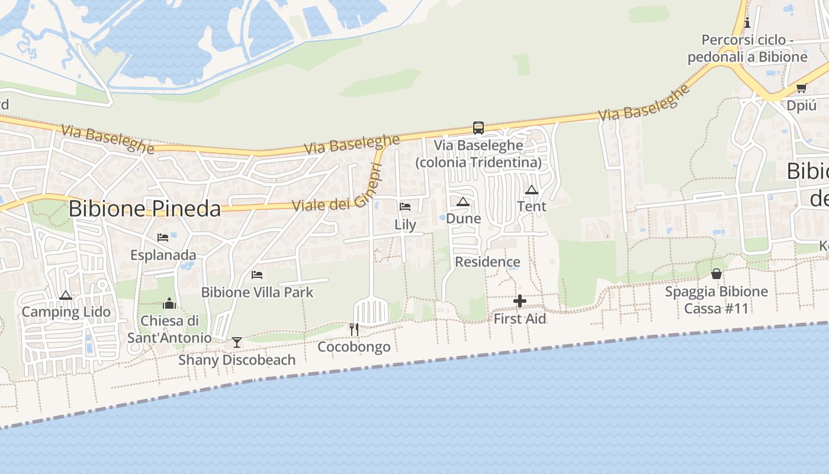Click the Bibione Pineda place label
pyautogui.click(x=144, y=209)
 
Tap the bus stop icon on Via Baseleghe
pyautogui.click(x=478, y=127)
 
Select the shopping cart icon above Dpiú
pyautogui.click(x=801, y=88)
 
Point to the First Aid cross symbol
pyautogui.click(x=519, y=301)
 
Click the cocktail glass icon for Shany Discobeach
pyautogui.click(x=237, y=342)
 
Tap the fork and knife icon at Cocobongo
pyautogui.click(x=354, y=329)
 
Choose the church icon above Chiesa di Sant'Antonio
pyautogui.click(x=170, y=304)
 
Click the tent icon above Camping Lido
pyautogui.click(x=66, y=295)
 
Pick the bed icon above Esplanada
pyautogui.click(x=163, y=238)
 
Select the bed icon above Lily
pyautogui.click(x=405, y=207)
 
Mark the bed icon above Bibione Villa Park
pyautogui.click(x=257, y=274)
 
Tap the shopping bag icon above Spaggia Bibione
pyautogui.click(x=716, y=274)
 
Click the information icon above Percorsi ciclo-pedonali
pyautogui.click(x=747, y=23)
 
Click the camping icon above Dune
pyautogui.click(x=463, y=201)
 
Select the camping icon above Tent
pyautogui.click(x=532, y=190)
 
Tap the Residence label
pyautogui.click(x=487, y=262)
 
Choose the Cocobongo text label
pyautogui.click(x=354, y=347)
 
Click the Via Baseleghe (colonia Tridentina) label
pyautogui.click(x=478, y=153)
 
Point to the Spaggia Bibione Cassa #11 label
pyautogui.click(x=716, y=300)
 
